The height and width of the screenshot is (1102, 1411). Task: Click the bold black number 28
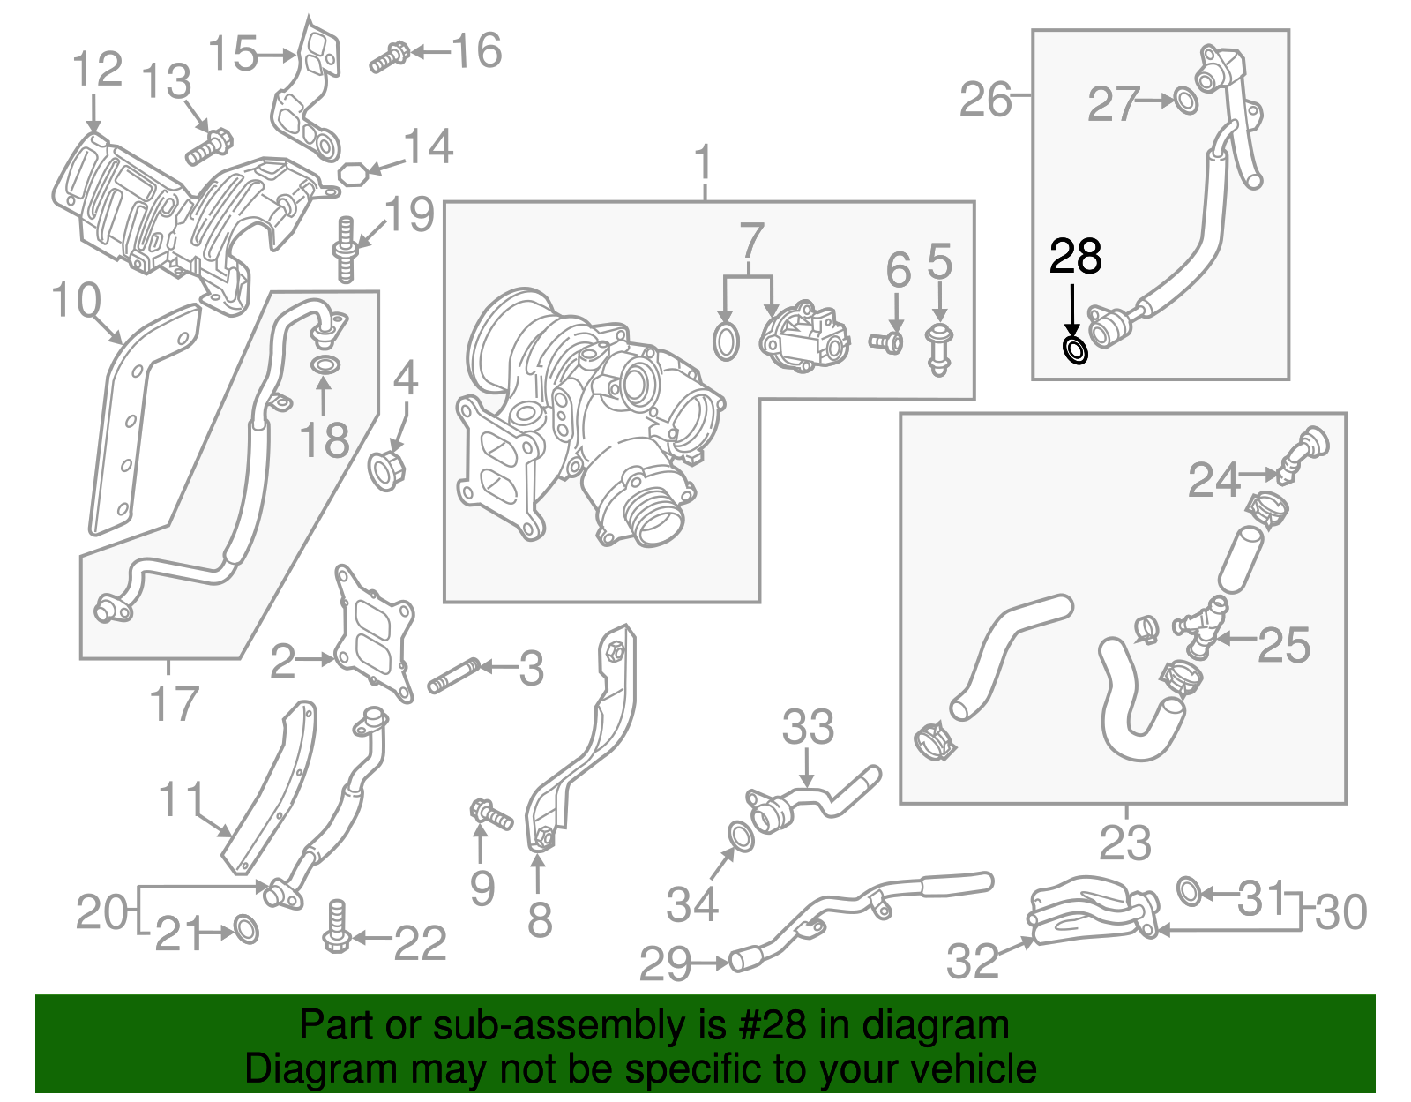point(1075,257)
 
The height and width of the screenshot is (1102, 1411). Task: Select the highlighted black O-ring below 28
point(1076,350)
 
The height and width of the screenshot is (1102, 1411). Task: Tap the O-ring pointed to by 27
point(1186,101)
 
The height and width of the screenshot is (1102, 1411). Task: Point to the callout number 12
point(97,70)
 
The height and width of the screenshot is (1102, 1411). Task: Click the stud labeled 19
point(345,251)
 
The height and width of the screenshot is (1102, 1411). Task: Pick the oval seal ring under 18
point(324,366)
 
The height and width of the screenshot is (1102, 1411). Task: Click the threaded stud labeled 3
point(453,676)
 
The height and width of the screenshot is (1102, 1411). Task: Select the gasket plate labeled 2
point(374,635)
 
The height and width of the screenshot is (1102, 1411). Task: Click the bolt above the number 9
point(491,813)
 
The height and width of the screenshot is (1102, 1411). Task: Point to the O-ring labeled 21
point(246,930)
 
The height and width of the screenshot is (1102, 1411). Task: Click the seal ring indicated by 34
point(741,836)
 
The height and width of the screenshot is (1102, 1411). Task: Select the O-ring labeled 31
point(1189,891)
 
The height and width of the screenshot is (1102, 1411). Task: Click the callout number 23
point(1124,843)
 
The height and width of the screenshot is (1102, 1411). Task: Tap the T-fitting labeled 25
point(1201,630)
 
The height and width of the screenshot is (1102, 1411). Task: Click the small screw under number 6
point(887,341)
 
